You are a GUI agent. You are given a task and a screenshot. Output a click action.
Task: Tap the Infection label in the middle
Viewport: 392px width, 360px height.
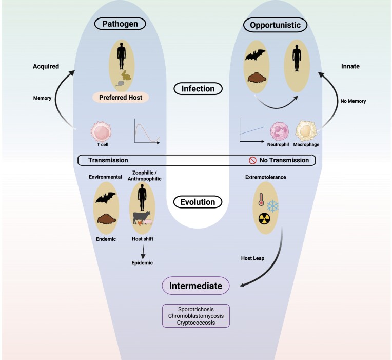point(198,89)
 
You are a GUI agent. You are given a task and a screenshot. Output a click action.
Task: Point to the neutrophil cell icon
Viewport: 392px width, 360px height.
point(280,132)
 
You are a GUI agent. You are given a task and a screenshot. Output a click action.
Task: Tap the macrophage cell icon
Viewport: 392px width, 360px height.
point(306,131)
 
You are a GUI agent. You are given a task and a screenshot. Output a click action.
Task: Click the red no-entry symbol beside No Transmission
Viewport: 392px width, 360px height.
point(252,160)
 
